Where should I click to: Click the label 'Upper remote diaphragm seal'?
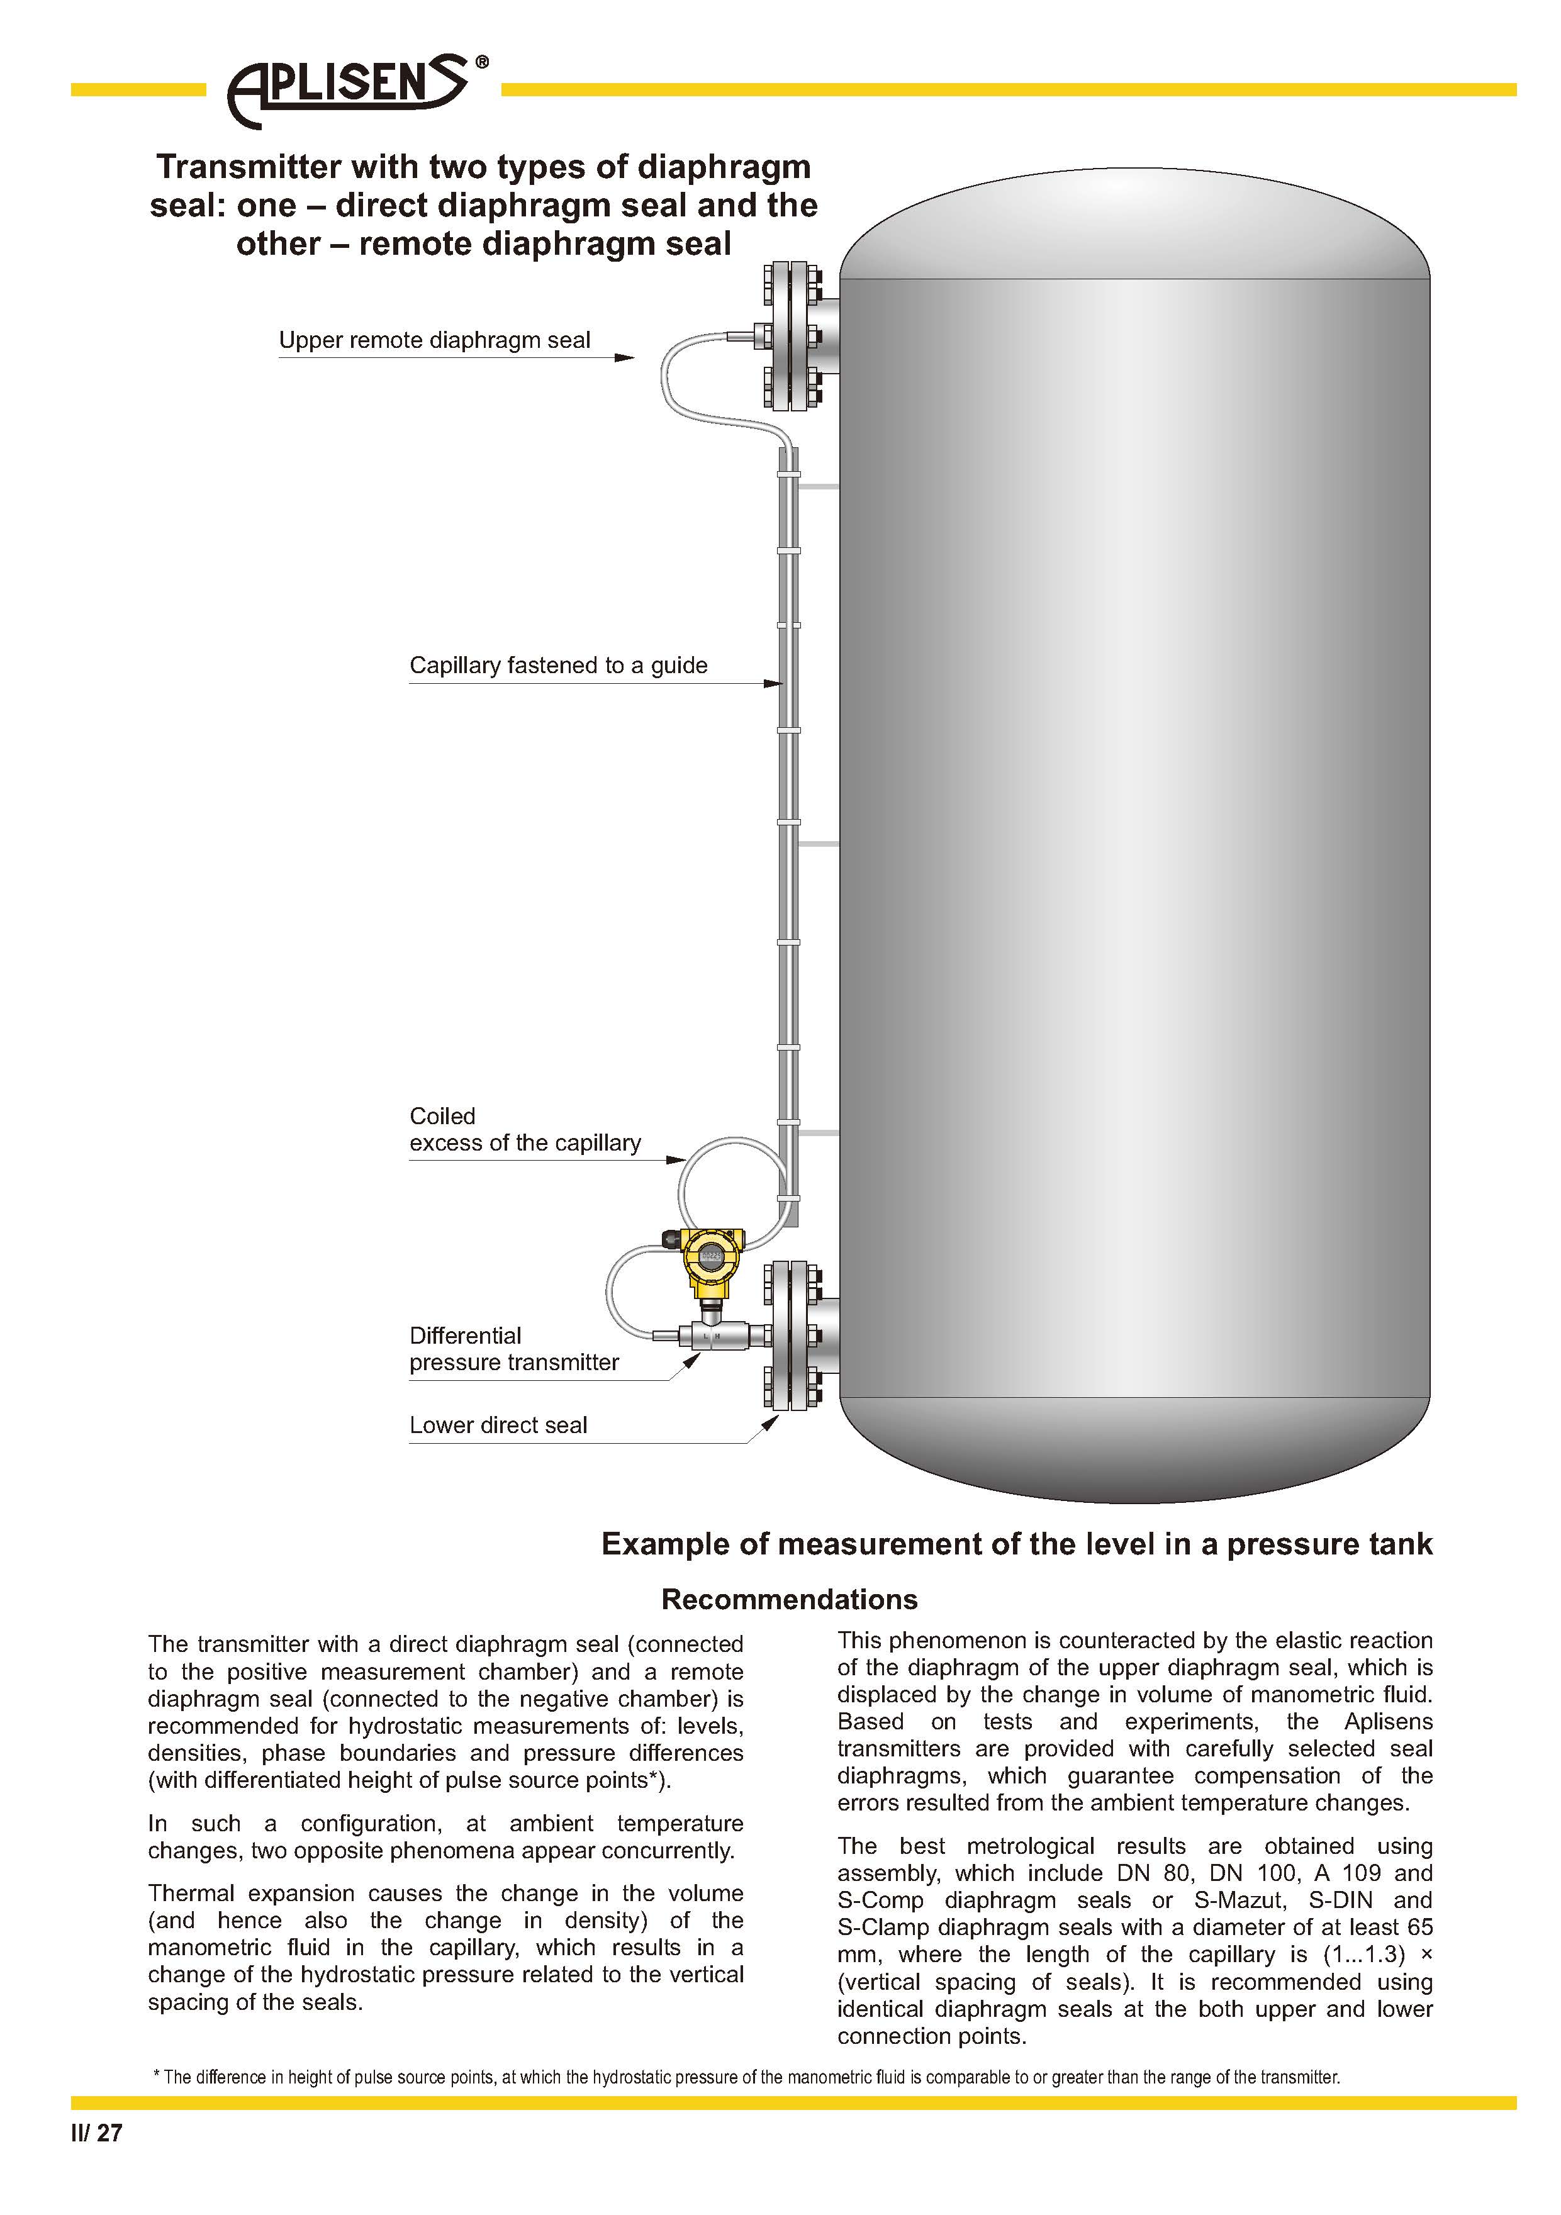point(434,340)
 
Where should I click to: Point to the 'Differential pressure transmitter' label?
point(513,1349)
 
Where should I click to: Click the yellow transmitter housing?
point(711,1258)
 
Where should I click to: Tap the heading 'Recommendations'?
point(789,1600)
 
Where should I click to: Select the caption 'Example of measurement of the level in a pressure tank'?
point(1016,1544)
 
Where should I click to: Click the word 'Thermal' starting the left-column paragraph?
point(190,1894)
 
